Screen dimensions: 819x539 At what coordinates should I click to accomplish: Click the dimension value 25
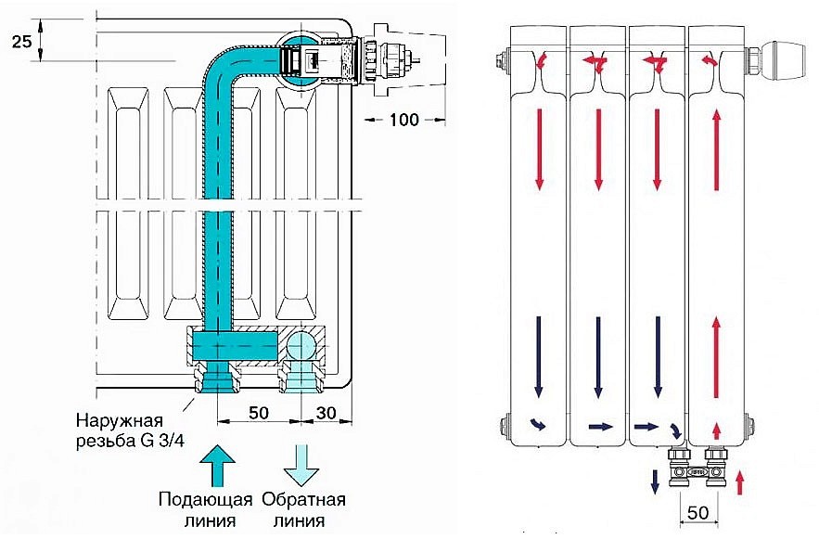click(x=22, y=41)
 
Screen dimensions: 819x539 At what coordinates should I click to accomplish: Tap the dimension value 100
click(x=404, y=120)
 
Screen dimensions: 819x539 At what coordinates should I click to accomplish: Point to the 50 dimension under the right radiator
click(x=698, y=512)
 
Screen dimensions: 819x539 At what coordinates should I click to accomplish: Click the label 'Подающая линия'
click(x=205, y=509)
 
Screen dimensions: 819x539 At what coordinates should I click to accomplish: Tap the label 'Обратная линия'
click(x=303, y=509)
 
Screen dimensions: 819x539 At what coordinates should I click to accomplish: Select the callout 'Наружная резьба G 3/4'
click(x=130, y=430)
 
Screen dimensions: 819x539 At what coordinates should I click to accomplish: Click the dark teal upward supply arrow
click(x=217, y=466)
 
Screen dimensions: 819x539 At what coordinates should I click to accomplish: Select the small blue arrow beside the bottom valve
click(x=655, y=481)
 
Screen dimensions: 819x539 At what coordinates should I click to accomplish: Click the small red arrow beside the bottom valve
click(x=739, y=481)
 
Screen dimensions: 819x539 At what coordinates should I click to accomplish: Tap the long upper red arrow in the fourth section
click(x=717, y=149)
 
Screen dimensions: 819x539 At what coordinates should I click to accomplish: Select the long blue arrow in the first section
click(x=539, y=357)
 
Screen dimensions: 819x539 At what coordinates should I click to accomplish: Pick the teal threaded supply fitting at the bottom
click(x=217, y=377)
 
